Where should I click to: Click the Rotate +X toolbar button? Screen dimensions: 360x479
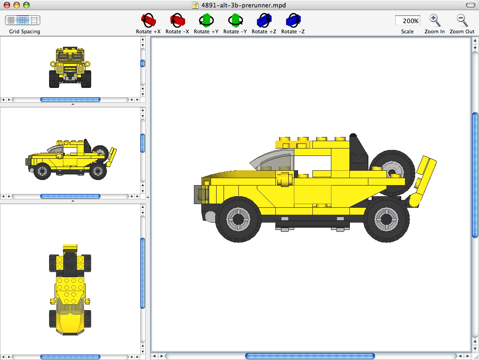point(148,21)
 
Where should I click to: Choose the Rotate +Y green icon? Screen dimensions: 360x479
point(206,21)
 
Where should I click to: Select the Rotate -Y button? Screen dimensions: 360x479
point(235,21)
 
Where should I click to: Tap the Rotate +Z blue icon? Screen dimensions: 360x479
point(264,21)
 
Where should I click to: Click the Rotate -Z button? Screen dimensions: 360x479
point(292,21)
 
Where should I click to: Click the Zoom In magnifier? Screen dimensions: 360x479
point(435,20)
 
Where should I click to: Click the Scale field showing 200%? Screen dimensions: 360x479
point(407,21)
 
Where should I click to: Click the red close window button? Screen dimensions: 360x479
point(7,5)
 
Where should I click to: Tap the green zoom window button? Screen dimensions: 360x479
point(26,5)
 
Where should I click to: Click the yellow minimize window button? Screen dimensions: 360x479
point(17,5)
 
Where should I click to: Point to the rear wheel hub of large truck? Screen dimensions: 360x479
point(386,218)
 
